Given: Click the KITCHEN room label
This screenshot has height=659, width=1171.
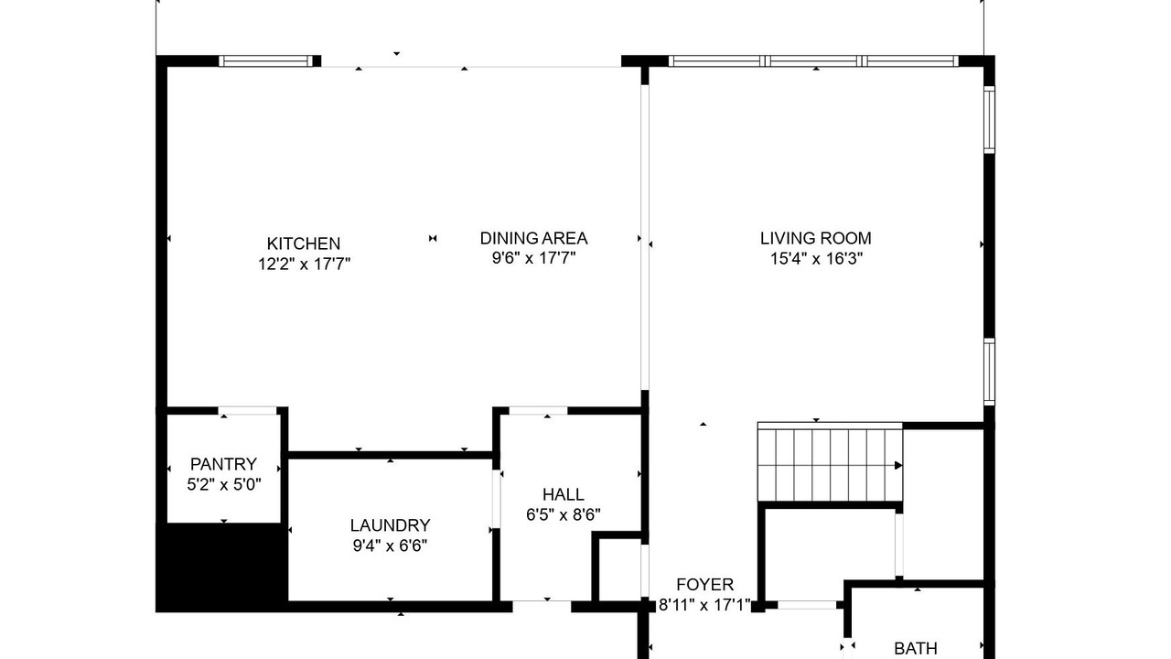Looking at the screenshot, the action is (303, 243).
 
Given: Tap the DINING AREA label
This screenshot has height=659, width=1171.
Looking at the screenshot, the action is (533, 239).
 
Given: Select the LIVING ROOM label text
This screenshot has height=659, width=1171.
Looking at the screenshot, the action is (815, 239).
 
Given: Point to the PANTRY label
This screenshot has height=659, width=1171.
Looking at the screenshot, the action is (223, 464).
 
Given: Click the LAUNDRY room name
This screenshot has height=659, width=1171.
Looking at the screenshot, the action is (390, 525).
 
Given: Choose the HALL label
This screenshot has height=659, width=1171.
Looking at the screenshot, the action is (563, 494).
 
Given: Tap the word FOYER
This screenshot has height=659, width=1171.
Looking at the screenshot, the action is (704, 584).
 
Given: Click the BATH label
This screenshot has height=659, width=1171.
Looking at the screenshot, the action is (916, 649).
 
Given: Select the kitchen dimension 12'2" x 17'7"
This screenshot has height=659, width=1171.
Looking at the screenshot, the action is (304, 265).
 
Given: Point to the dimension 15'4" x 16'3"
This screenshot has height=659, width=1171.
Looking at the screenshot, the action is (816, 258).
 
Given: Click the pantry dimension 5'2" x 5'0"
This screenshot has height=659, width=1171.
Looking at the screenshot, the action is (224, 485).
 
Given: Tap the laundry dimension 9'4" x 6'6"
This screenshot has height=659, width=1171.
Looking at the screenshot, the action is (390, 546).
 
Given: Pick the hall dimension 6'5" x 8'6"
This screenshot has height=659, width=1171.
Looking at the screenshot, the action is (563, 515).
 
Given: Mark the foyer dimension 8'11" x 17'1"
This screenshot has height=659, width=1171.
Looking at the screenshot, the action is (704, 605).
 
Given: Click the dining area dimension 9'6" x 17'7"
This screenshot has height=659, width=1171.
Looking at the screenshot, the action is (533, 258).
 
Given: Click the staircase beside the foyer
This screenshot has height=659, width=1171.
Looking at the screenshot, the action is (830, 462).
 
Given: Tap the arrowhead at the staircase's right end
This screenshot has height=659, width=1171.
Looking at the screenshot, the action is (898, 465).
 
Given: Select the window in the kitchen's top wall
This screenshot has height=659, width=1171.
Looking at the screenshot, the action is (265, 61).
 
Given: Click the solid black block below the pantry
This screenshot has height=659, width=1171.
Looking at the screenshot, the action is (222, 567).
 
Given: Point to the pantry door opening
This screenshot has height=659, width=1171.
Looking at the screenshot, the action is (247, 411).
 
